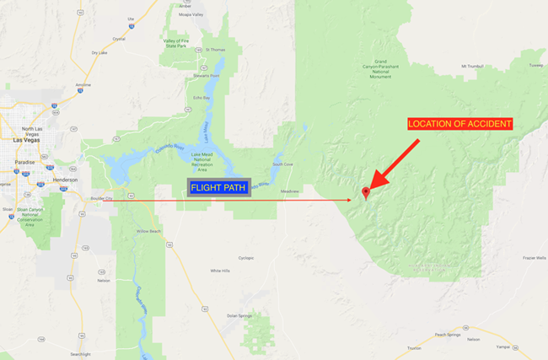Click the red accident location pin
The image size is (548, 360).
click(365, 193)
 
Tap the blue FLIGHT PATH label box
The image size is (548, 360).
click(219, 187)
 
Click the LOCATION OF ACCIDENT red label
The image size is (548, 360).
click(459, 124)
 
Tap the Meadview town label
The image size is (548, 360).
click(290, 191)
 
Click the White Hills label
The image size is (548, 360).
click(220, 271)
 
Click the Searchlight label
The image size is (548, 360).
click(80, 354)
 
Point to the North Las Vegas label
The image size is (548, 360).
click(31, 127)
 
